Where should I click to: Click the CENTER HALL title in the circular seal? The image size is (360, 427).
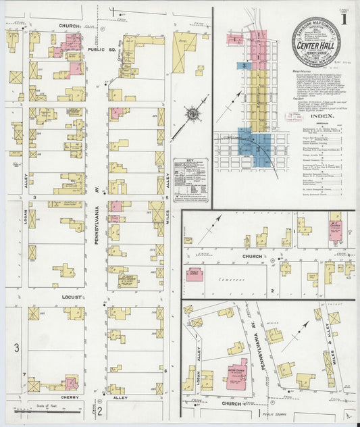point(316,46)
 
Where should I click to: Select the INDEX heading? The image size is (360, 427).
point(315,117)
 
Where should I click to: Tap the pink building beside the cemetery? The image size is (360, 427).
point(197,274)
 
